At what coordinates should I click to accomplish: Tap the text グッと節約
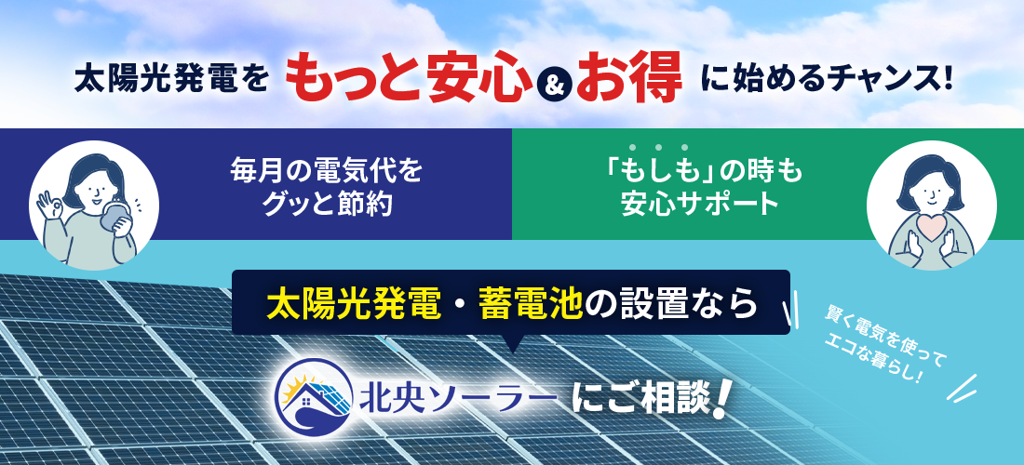(326, 204)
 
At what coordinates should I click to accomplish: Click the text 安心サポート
(700, 204)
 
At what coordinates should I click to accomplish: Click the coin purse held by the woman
(115, 220)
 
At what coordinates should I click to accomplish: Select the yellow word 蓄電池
(531, 303)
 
